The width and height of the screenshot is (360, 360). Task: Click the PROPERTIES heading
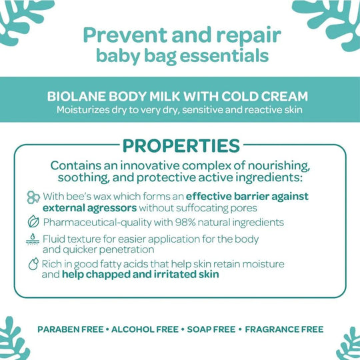[179, 145]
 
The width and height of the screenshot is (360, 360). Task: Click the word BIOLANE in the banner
[76, 95]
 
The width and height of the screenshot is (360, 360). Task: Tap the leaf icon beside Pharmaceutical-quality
[32, 222]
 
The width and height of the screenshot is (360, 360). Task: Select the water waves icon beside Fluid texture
[32, 240]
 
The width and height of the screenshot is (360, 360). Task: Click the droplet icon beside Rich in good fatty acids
[32, 265]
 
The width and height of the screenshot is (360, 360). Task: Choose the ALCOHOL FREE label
[145, 329]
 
